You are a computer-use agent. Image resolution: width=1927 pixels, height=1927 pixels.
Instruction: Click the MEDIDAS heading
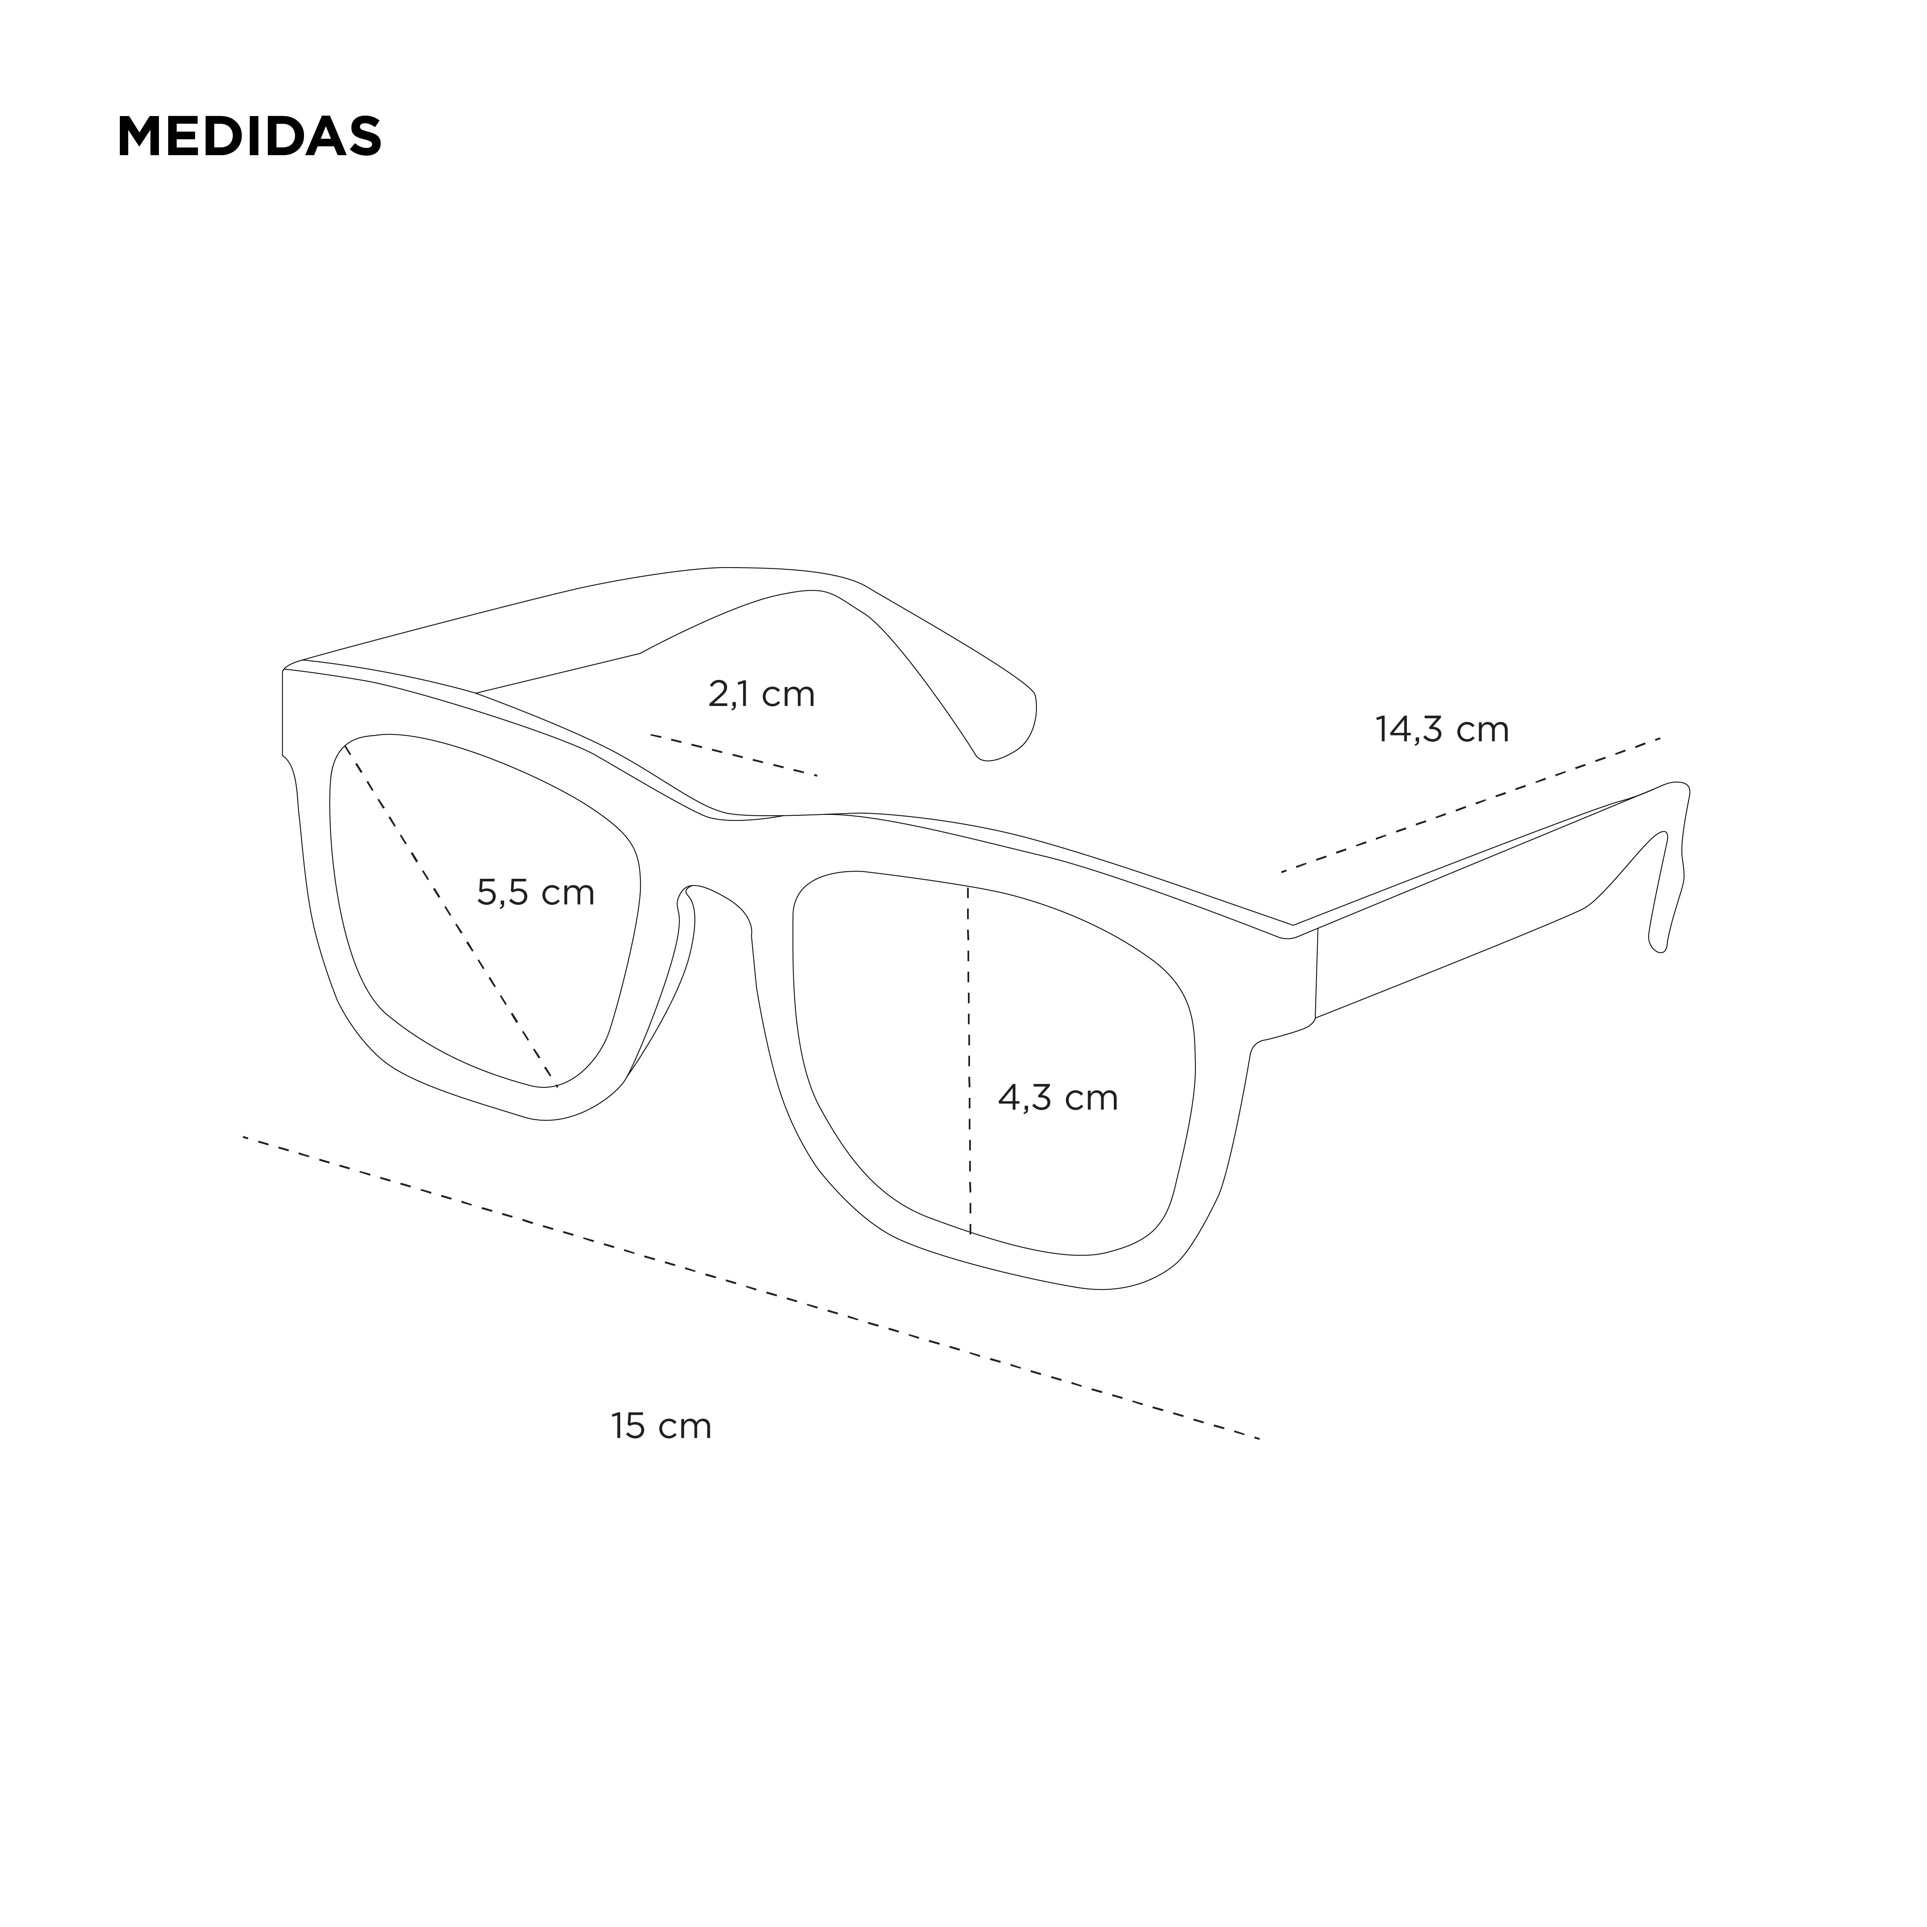click(249, 137)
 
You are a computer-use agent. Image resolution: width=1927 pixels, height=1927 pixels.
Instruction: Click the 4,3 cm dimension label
click(1058, 1098)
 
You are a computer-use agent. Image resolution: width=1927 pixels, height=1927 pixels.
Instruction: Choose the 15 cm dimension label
click(661, 1426)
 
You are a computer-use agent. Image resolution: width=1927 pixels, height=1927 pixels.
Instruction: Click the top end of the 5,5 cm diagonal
click(345, 744)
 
